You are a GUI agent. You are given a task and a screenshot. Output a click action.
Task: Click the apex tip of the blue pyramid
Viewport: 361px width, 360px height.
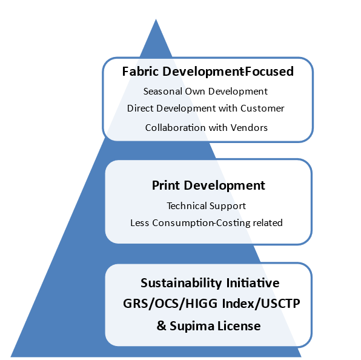pyautogui.click(x=156, y=19)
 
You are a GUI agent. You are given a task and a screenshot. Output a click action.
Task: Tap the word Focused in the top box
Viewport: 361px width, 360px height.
pyautogui.click(x=269, y=72)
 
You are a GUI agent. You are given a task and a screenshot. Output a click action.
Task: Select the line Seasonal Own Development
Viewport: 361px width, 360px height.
pyautogui.click(x=205, y=92)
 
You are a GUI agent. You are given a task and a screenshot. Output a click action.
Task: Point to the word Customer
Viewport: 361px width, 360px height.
pyautogui.click(x=262, y=108)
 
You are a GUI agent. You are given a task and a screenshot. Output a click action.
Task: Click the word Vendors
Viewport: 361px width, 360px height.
pyautogui.click(x=249, y=128)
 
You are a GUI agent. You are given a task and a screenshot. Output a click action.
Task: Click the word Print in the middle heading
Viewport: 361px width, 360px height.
pyautogui.click(x=166, y=185)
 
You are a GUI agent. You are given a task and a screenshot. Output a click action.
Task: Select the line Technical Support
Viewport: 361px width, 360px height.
pyautogui.click(x=207, y=206)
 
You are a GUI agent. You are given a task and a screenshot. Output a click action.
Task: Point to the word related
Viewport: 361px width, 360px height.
pyautogui.click(x=268, y=222)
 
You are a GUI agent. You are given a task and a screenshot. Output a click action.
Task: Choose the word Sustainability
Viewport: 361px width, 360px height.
pyautogui.click(x=181, y=283)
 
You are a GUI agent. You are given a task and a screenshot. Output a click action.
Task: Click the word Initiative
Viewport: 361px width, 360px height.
pyautogui.click(x=253, y=283)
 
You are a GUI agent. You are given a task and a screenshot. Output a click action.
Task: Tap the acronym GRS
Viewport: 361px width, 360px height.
pyautogui.click(x=136, y=304)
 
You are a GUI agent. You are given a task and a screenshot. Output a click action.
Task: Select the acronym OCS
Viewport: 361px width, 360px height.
pyautogui.click(x=167, y=304)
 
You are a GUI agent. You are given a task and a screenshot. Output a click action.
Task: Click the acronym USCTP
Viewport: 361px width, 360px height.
pyautogui.click(x=280, y=304)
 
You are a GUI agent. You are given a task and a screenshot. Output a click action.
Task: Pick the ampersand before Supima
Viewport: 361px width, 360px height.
pyautogui.click(x=161, y=326)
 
